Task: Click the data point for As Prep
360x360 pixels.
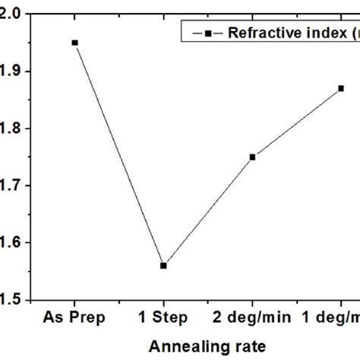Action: pos(74,43)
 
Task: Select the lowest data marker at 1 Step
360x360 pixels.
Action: pos(163,265)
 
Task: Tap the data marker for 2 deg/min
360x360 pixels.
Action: pos(253,156)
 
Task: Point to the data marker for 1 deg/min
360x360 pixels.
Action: pos(341,88)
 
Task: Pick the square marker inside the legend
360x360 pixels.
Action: pos(206,33)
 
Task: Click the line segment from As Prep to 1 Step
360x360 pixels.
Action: pos(118,153)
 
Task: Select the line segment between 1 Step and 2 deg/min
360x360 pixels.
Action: pos(208,211)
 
